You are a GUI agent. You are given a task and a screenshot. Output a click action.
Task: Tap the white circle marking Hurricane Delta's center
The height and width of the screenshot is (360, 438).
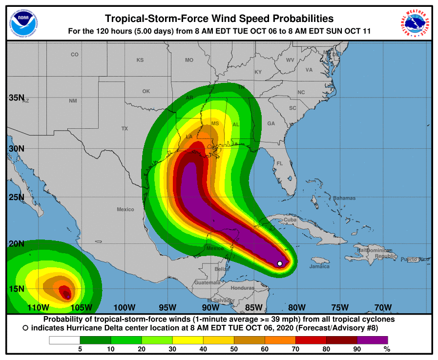click(x=280, y=263)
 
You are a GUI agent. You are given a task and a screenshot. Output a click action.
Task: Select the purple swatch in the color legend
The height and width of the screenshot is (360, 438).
click(x=372, y=340)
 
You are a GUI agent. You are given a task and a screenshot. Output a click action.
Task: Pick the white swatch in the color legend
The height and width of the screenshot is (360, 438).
click(x=64, y=340)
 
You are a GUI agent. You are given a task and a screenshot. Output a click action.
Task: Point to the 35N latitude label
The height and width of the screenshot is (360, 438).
click(x=16, y=98)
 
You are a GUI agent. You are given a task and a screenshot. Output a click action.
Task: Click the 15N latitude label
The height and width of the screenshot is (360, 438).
click(x=16, y=289)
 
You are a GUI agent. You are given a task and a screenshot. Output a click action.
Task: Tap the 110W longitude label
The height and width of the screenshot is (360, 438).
click(x=38, y=307)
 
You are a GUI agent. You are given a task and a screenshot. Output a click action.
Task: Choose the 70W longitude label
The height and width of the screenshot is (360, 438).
click(x=383, y=307)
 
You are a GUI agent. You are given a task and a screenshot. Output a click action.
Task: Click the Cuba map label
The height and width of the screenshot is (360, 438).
click(x=290, y=220)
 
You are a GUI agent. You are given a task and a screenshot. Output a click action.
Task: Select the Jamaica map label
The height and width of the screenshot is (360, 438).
click(x=319, y=266)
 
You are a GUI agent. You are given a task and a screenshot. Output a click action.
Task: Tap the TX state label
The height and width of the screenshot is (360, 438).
click(x=125, y=129)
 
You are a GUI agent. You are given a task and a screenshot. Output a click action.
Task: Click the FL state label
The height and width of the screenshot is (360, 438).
click(x=280, y=163)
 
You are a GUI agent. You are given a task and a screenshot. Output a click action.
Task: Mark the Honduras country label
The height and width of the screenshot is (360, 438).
click(x=243, y=288)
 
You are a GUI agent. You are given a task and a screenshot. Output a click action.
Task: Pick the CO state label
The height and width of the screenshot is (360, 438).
click(x=74, y=55)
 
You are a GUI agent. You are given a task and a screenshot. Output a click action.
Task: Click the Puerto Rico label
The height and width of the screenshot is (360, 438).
click(x=416, y=259)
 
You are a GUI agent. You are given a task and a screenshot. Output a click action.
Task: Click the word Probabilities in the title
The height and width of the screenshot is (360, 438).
click(x=293, y=19)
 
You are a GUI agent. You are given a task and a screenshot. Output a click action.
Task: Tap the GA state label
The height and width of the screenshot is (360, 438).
click(x=271, y=124)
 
